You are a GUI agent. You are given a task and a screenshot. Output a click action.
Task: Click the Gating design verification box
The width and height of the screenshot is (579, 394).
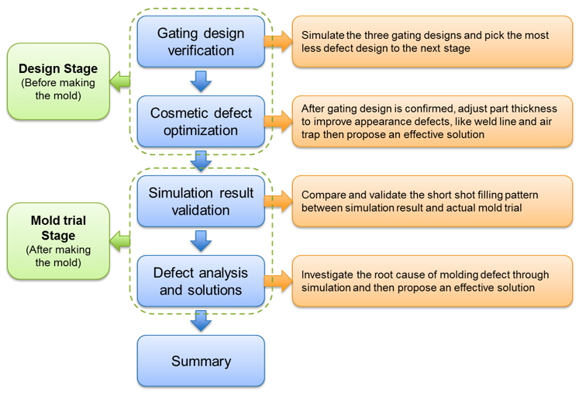(x=201, y=41)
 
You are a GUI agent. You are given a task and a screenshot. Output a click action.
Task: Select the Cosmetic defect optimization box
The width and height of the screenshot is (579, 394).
(x=201, y=121)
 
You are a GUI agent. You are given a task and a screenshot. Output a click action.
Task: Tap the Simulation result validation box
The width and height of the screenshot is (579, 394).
(x=201, y=201)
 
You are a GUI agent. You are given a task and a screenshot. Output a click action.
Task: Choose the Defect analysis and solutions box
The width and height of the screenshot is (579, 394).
(x=201, y=281)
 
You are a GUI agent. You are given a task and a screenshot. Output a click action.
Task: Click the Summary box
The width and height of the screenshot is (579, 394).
(x=201, y=361)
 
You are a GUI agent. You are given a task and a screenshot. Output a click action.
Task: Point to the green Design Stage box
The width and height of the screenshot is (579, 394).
(x=58, y=81)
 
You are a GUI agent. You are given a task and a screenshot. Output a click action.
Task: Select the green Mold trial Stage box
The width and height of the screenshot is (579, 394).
(x=58, y=241)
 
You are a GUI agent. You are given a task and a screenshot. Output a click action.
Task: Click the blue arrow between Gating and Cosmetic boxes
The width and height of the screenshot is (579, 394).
(x=201, y=81)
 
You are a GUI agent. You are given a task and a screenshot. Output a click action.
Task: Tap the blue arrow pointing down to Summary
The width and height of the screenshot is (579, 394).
(x=201, y=321)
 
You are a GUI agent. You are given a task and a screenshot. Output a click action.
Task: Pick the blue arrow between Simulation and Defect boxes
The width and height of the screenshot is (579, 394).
(x=201, y=241)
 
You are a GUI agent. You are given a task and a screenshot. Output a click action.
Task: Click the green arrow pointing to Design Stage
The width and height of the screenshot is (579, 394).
(x=120, y=81)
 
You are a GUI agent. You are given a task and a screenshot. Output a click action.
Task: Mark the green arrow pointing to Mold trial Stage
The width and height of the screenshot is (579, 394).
(x=120, y=241)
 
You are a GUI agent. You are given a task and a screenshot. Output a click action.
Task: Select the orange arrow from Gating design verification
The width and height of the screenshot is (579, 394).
(x=278, y=41)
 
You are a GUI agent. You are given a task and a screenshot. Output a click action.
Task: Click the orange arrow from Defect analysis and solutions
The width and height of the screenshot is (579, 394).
(x=278, y=281)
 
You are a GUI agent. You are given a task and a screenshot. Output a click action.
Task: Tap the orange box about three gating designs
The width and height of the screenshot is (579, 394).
(x=433, y=41)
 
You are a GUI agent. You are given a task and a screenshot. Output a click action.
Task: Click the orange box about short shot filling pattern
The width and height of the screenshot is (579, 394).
(x=433, y=201)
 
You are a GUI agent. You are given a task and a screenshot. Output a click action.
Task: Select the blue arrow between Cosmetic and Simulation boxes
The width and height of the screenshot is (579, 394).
(x=201, y=161)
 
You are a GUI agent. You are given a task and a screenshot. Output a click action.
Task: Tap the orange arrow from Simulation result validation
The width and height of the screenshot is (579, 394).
(x=278, y=201)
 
